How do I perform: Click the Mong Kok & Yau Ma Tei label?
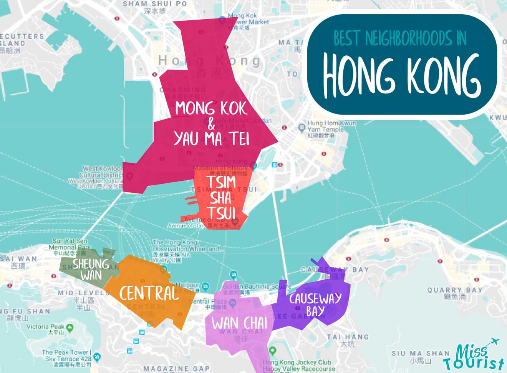coord(211,124)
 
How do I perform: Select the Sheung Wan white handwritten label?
coord(91,269)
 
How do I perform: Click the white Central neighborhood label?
coord(149,293)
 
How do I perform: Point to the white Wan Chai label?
coord(239,323)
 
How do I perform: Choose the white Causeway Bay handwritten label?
coord(315,304)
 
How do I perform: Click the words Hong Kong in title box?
coord(401,75)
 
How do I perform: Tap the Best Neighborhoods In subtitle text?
coord(400,38)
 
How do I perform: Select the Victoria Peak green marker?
coord(70,328)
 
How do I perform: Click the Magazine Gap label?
coord(177,368)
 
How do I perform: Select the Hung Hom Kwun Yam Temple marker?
coord(302,127)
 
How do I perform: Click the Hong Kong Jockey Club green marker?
coord(272,351)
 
